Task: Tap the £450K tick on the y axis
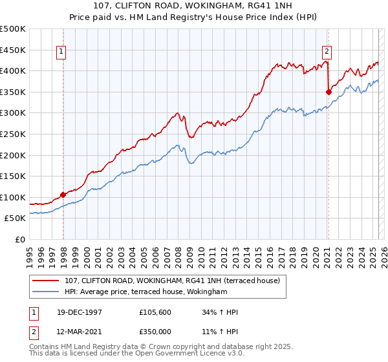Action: (x=13, y=50)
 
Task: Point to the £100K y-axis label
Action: (x=13, y=197)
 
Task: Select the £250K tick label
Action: (x=13, y=134)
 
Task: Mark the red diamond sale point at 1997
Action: (x=63, y=194)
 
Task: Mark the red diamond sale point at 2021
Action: (x=329, y=92)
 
